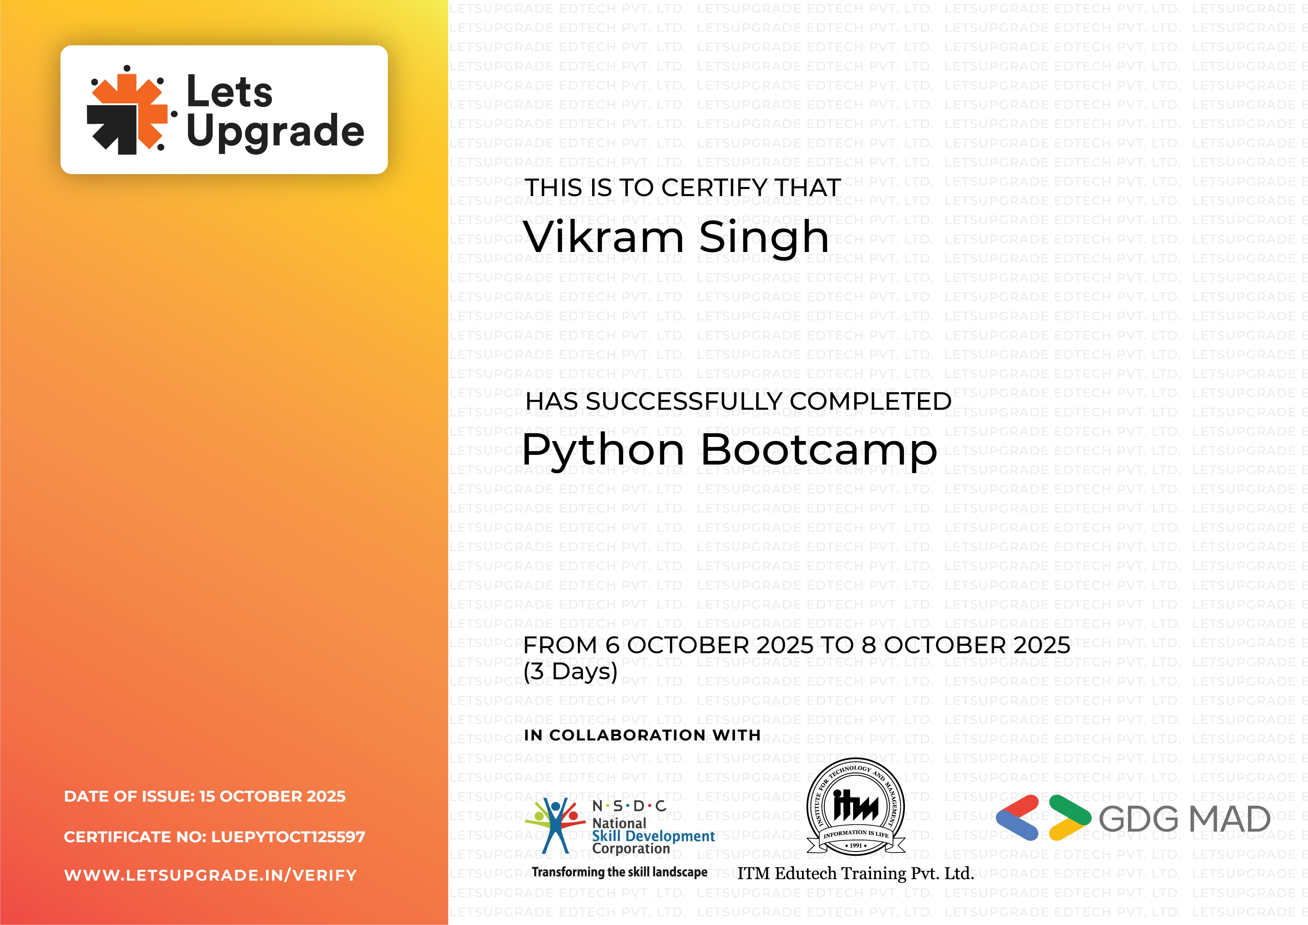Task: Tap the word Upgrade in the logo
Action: point(275,131)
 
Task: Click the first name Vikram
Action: point(604,237)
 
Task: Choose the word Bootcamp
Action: point(819,450)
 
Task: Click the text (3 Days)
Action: point(570,671)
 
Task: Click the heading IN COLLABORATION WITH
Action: point(642,735)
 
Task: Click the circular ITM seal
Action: point(856,806)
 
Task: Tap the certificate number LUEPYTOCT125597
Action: point(288,837)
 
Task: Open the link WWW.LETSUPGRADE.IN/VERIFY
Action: point(210,875)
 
